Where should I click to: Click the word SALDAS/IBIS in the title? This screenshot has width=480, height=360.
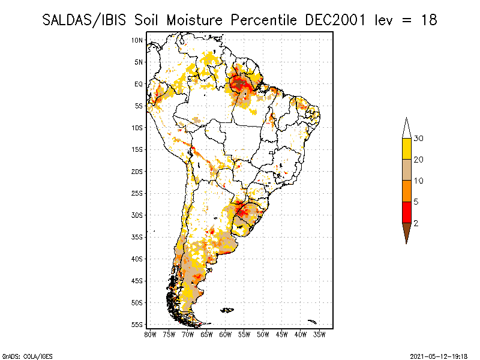point(84,20)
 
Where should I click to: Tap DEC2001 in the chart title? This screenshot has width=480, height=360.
point(335,20)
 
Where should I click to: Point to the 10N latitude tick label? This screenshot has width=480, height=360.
point(137,40)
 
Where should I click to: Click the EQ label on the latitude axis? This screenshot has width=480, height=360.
point(139,84)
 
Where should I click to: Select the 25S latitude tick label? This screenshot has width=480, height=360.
point(137,193)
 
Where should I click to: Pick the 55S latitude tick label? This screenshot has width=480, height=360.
point(137,325)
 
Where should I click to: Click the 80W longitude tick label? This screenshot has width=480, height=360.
point(150,335)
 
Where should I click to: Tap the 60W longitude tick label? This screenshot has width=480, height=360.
point(226,335)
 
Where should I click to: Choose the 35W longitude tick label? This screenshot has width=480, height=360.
point(319,335)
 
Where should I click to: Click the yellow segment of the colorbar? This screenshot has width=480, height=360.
point(407,149)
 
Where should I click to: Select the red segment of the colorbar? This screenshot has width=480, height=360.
point(407,212)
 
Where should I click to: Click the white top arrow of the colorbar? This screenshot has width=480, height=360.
point(407,128)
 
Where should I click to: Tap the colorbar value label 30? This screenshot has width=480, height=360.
point(418,139)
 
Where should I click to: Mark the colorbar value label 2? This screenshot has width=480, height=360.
point(416,223)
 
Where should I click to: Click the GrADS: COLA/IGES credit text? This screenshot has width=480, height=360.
point(27,356)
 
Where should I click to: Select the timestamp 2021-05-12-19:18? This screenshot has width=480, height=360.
point(439,356)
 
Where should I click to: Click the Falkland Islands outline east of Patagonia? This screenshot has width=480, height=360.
point(227,310)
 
